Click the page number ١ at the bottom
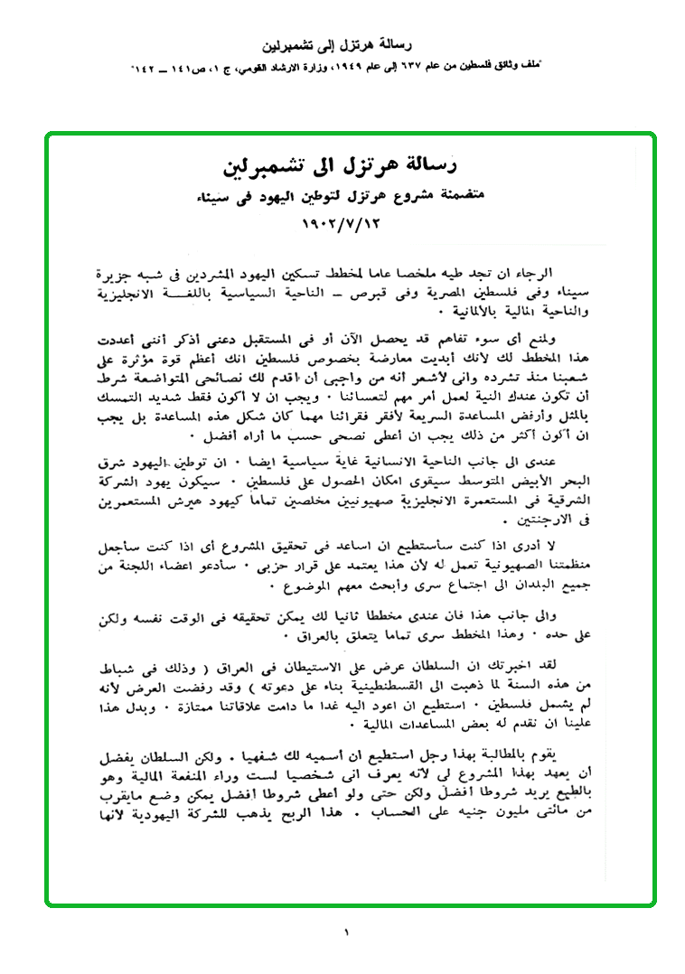pos(345,932)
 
